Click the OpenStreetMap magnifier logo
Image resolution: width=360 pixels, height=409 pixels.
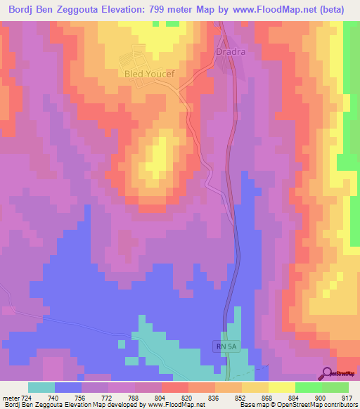[328, 373]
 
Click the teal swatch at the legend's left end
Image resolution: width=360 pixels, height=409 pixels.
[41, 387]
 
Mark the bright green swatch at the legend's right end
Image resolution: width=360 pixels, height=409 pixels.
[335, 387]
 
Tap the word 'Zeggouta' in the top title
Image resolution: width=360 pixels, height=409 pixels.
[77, 10]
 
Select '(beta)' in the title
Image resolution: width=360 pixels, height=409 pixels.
[340, 10]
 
